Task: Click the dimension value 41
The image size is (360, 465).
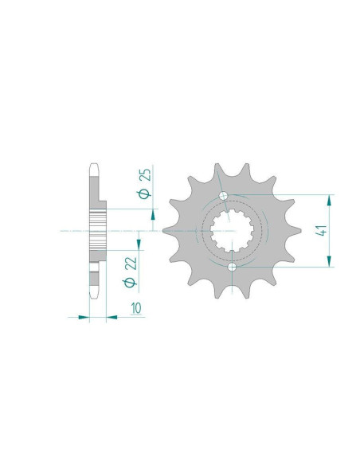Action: click(321, 230)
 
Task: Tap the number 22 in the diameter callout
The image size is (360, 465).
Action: click(131, 264)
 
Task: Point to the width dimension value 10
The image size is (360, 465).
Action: click(136, 308)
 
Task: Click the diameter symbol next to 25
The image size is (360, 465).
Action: click(144, 193)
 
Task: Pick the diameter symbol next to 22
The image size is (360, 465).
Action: click(131, 283)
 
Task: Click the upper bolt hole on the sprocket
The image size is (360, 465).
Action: click(223, 195)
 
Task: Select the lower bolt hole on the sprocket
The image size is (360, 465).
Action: click(232, 267)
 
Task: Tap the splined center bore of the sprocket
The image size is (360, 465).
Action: click(232, 230)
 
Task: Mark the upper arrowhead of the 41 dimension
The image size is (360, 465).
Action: click(329, 201)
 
